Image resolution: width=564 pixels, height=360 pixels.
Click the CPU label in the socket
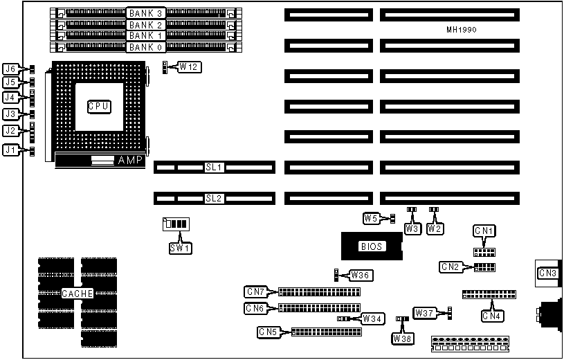[99, 106]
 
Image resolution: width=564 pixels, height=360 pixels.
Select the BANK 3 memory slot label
[145, 13]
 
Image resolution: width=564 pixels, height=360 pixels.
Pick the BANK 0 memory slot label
[145, 47]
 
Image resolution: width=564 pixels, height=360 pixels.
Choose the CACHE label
[78, 294]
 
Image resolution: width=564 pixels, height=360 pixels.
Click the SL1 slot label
[214, 167]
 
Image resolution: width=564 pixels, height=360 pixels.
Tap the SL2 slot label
[214, 198]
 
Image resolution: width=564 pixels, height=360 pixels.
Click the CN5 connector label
[267, 332]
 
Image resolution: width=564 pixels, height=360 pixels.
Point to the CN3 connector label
[549, 273]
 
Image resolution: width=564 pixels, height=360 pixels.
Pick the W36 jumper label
[361, 275]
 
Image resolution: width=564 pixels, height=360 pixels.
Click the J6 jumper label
[10, 69]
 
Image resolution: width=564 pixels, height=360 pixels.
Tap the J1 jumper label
[10, 150]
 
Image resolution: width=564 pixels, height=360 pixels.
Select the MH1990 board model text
[462, 30]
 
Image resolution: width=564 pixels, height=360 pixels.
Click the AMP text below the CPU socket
[129, 161]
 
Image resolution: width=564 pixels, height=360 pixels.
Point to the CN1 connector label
[484, 230]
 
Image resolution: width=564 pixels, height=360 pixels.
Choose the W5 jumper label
[372, 219]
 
